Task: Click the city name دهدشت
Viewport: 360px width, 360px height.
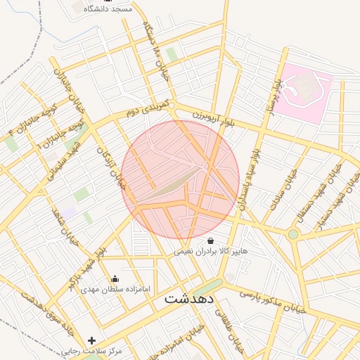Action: pyautogui.click(x=188, y=298)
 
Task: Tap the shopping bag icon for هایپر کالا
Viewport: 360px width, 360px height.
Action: pyautogui.click(x=210, y=240)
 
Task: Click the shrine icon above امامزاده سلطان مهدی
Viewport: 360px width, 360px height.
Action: pyautogui.click(x=115, y=279)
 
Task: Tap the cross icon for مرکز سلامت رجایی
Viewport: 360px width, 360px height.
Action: pyautogui.click(x=91, y=340)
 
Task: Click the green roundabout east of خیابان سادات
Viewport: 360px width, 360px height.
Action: pyautogui.click(x=293, y=233)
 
